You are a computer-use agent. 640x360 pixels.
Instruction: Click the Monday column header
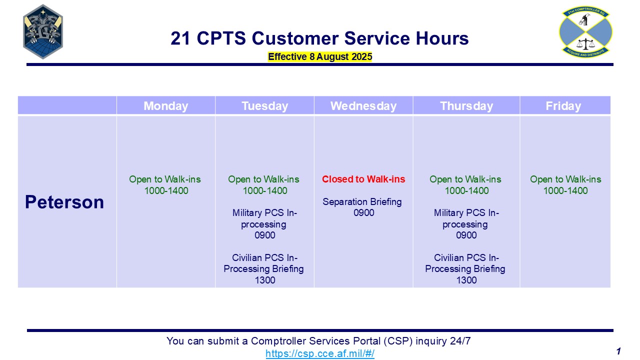coord(165,106)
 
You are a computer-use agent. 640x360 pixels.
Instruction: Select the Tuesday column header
coord(265,106)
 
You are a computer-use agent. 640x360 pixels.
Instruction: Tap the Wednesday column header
coord(363,106)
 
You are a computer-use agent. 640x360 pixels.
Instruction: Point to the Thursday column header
coord(466,106)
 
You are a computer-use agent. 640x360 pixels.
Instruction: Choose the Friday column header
coord(563,106)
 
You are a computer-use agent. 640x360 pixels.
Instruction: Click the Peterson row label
coord(64,202)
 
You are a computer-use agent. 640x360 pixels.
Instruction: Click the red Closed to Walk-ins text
coord(363,179)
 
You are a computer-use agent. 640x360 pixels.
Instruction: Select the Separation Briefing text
coord(362,201)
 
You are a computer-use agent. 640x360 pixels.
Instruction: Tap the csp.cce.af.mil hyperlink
coord(320,353)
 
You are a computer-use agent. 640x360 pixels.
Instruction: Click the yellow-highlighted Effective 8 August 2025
coord(320,56)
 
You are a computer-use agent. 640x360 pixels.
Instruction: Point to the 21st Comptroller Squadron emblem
coord(585,31)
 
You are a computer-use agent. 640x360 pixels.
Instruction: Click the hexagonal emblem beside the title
coord(43,31)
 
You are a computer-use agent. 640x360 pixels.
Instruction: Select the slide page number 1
coord(618,351)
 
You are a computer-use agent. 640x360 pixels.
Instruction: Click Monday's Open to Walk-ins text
coord(165,179)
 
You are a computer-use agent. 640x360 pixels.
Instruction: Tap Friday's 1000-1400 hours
coord(565,190)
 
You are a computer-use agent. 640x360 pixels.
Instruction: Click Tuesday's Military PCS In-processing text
coord(264,218)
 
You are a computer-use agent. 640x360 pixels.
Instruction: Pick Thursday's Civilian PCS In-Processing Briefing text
coord(465,263)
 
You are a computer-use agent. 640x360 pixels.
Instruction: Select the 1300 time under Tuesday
coord(265,280)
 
